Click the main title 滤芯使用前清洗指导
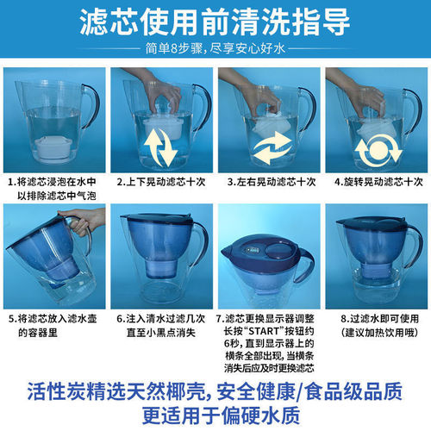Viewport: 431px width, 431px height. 215,21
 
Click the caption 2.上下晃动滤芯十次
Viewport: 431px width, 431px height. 162,184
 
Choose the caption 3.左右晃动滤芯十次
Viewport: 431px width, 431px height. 269,184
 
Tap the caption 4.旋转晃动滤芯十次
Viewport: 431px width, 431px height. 376,184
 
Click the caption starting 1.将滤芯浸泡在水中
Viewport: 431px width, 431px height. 53,191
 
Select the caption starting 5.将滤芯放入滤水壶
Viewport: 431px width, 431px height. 53,324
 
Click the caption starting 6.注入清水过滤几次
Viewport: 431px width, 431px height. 162,324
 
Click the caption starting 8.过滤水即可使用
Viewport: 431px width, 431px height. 376,324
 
